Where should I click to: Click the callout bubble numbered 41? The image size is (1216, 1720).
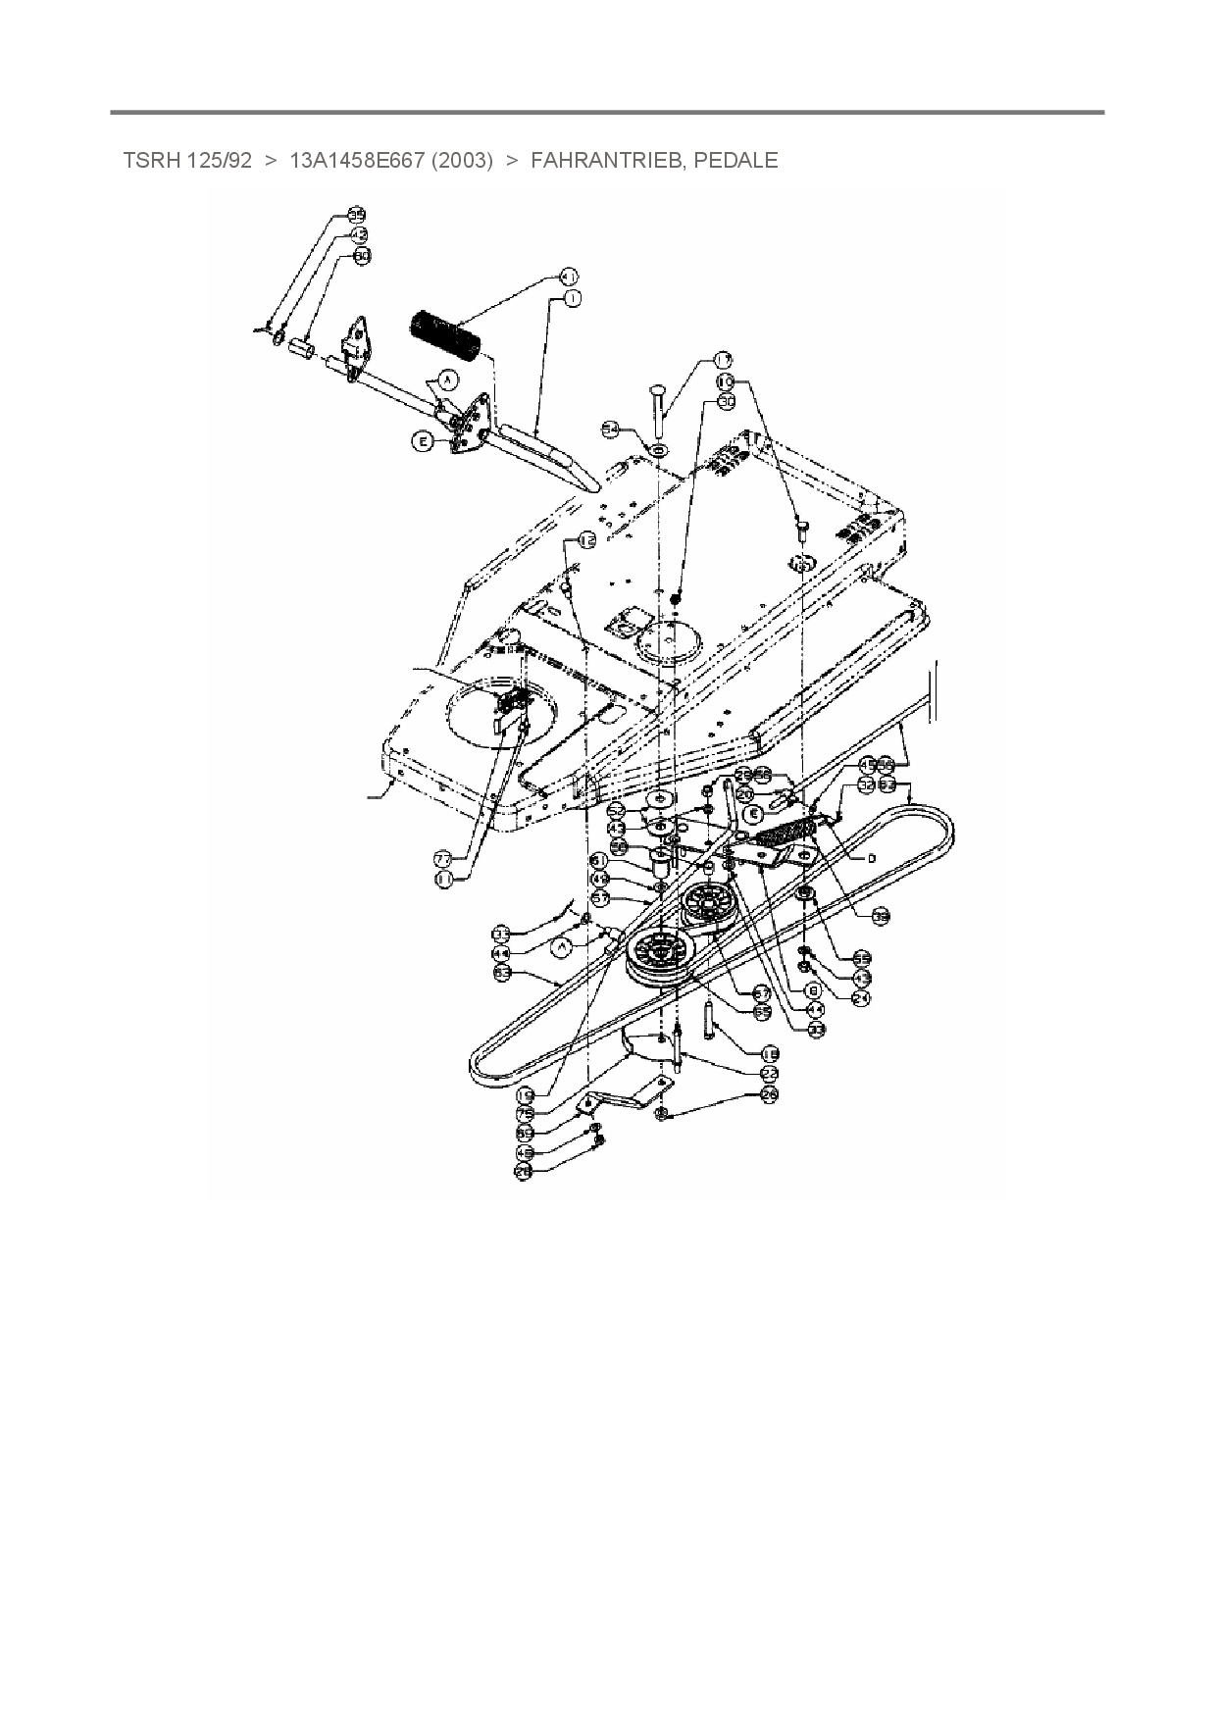pos(569,276)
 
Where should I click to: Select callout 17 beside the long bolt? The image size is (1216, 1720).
pos(723,360)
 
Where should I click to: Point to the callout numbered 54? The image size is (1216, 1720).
pos(611,430)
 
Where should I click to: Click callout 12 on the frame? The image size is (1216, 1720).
pos(585,540)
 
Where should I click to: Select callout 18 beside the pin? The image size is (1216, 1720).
pos(770,1053)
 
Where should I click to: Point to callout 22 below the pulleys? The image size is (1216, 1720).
pos(770,1074)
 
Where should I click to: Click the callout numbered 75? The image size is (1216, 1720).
pos(526,1114)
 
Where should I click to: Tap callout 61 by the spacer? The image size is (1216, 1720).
pos(601,860)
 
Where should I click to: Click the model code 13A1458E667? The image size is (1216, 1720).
pos(357,161)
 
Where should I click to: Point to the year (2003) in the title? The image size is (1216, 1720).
pos(462,161)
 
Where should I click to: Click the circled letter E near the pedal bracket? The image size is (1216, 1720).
pos(423,442)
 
